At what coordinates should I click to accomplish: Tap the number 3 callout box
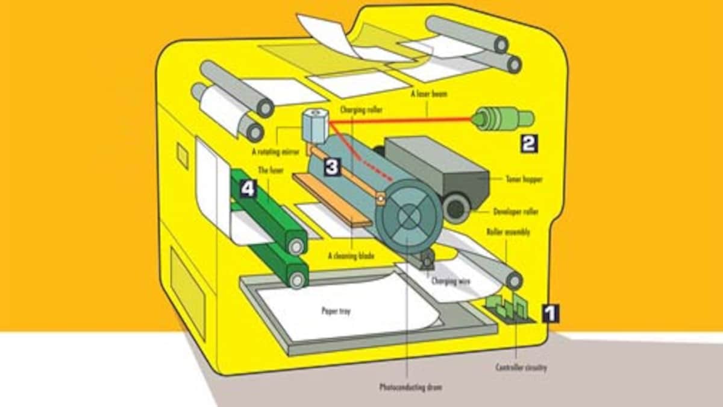coord(332,166)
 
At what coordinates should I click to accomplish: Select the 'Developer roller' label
coord(516,212)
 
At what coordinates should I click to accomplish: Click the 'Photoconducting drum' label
coord(410,386)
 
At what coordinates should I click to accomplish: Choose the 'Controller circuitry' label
coord(521,367)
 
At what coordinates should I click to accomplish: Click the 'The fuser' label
coord(270,171)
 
